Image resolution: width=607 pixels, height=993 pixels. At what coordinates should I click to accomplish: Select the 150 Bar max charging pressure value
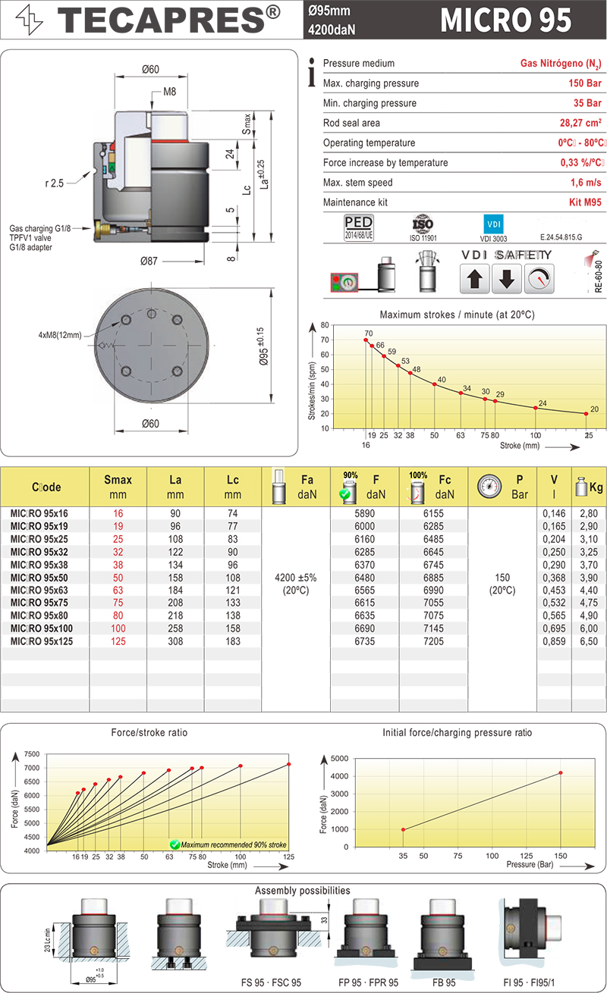coord(585,83)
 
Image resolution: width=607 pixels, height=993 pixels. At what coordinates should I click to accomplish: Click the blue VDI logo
coord(493,224)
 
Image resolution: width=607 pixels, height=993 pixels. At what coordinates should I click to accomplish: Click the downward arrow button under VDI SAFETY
coord(506,280)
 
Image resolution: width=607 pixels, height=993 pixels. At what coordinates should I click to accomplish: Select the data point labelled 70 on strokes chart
coord(366,340)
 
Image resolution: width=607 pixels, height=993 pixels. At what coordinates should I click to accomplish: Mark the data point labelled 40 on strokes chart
coord(434,384)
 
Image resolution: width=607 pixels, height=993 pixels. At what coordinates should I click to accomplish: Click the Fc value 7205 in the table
coord(433,641)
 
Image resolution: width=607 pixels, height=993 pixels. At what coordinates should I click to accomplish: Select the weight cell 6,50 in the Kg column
coord(589,641)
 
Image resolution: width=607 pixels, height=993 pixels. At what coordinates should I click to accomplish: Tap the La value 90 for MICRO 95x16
coord(176,513)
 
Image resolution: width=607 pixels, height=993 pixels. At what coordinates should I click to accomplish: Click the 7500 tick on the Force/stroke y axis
coord(31,754)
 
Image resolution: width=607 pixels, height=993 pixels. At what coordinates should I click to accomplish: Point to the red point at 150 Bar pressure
coord(561,773)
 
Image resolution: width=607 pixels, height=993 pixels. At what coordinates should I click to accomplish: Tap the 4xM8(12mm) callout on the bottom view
coord(60,334)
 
